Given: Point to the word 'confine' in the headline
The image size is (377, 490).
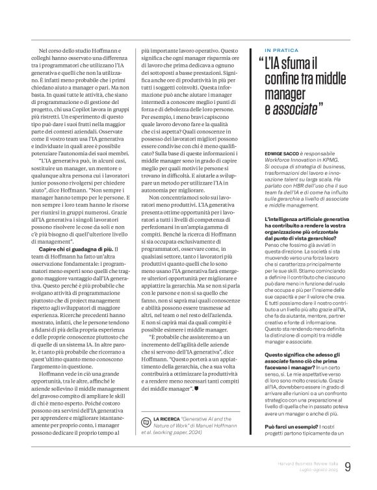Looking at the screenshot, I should point(282,80).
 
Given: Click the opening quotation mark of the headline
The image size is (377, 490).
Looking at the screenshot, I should point(259,64).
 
